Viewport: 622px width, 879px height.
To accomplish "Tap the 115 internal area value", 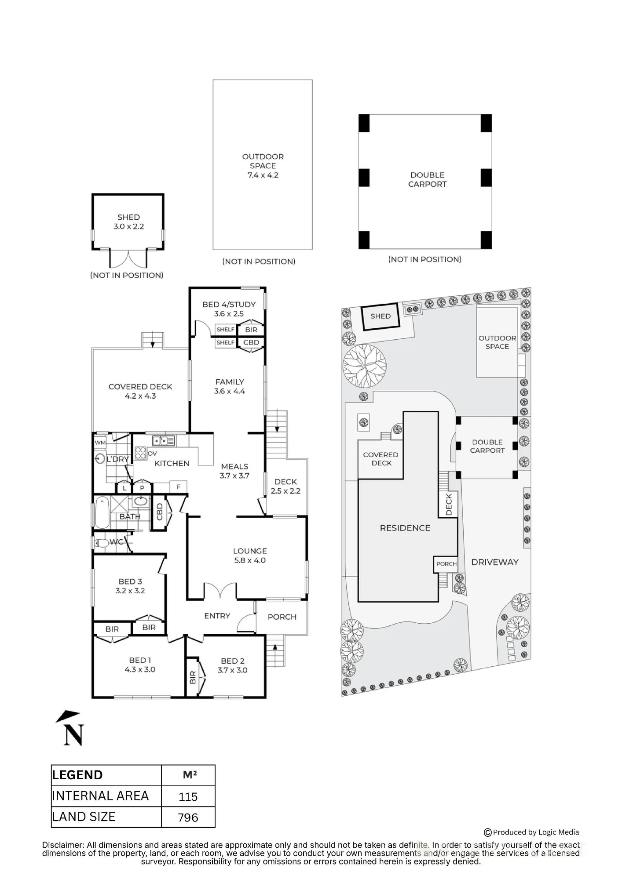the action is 188,796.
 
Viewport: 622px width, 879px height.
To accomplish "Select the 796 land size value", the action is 188,817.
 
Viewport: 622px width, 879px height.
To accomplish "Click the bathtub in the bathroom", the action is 102,512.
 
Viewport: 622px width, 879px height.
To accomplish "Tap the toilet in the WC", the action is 102,543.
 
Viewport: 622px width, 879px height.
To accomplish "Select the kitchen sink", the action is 164,440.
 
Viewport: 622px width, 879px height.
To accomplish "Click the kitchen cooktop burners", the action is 140,453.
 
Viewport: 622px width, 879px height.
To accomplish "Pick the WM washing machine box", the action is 100,443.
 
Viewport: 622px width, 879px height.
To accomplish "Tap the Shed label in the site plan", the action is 381,316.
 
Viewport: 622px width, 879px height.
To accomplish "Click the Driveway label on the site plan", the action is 495,562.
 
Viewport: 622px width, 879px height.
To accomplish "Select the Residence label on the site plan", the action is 405,528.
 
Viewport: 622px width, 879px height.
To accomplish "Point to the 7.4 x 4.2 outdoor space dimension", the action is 263,175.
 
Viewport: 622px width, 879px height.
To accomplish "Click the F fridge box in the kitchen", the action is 179,487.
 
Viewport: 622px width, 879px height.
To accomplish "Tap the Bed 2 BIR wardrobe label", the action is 193,677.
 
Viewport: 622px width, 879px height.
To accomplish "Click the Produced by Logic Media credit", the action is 531,832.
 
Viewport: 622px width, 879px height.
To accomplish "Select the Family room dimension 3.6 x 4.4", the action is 230,391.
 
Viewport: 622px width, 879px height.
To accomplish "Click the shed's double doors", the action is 128,259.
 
